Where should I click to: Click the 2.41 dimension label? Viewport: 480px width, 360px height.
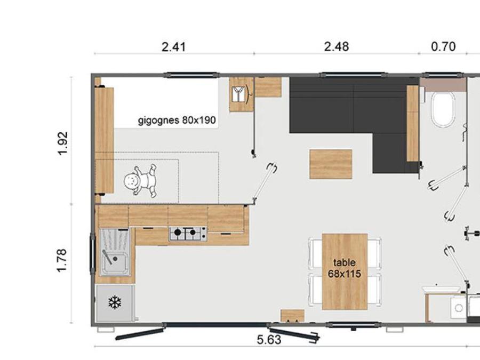173,47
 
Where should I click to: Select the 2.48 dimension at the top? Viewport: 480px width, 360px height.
337,46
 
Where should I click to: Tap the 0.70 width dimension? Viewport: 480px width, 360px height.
443,46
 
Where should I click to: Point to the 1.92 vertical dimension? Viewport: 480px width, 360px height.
63,143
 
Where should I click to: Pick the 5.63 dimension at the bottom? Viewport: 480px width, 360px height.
269,340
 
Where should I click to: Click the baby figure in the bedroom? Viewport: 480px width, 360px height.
141,181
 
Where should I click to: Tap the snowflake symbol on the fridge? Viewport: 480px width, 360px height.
115,303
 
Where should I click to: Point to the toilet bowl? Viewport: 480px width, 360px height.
442,109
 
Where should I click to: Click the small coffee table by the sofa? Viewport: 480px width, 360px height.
331,164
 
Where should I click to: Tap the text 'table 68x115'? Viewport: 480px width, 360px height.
345,268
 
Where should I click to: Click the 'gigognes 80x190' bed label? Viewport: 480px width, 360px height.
177,120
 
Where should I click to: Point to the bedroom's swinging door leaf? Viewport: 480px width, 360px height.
264,182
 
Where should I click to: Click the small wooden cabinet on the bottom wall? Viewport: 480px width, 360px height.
292,316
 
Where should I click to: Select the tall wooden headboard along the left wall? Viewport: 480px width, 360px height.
105,140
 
